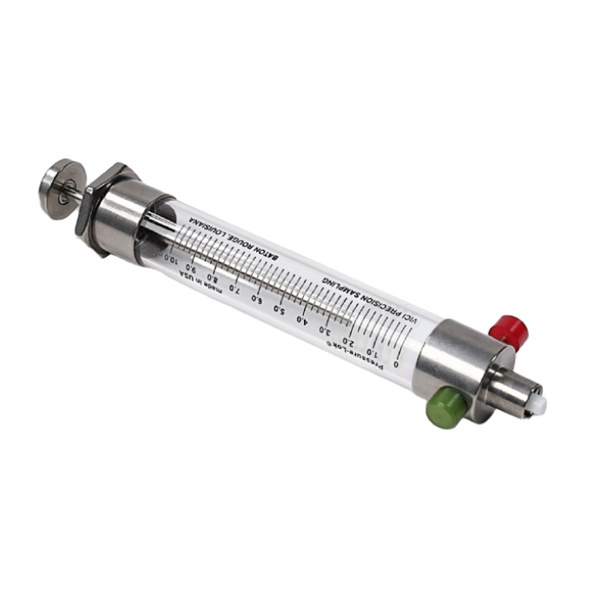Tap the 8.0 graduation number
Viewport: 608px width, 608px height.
(x=211, y=278)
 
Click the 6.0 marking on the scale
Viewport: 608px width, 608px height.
(x=256, y=299)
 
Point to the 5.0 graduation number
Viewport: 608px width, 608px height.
(x=279, y=309)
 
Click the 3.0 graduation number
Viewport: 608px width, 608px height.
(x=325, y=330)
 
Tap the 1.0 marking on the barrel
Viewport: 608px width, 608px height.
(x=372, y=352)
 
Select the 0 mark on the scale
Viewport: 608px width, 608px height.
(x=396, y=363)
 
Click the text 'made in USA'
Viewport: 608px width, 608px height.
(x=200, y=287)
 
